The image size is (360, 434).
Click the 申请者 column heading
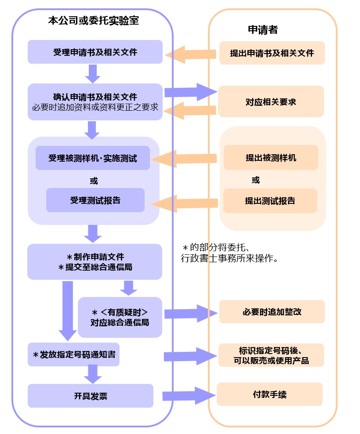[263, 29]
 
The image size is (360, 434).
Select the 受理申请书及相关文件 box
[95, 52]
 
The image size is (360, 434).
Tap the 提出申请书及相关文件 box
[272, 53]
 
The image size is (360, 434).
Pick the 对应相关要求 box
[271, 101]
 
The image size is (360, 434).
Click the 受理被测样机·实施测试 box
[92, 158]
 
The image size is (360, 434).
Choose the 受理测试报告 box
[95, 200]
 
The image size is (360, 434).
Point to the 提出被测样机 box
[271, 158]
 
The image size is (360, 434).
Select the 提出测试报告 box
[270, 201]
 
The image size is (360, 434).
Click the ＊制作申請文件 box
[95, 262]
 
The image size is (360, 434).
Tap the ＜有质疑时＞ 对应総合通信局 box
[120, 317]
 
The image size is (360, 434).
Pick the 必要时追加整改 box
[272, 312]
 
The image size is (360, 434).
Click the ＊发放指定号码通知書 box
[74, 354]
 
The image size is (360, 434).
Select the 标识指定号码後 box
[271, 355]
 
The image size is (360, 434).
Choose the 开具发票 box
[91, 396]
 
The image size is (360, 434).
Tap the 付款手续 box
[269, 394]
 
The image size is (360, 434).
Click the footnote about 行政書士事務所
[229, 253]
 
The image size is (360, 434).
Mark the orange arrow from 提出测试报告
[185, 203]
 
